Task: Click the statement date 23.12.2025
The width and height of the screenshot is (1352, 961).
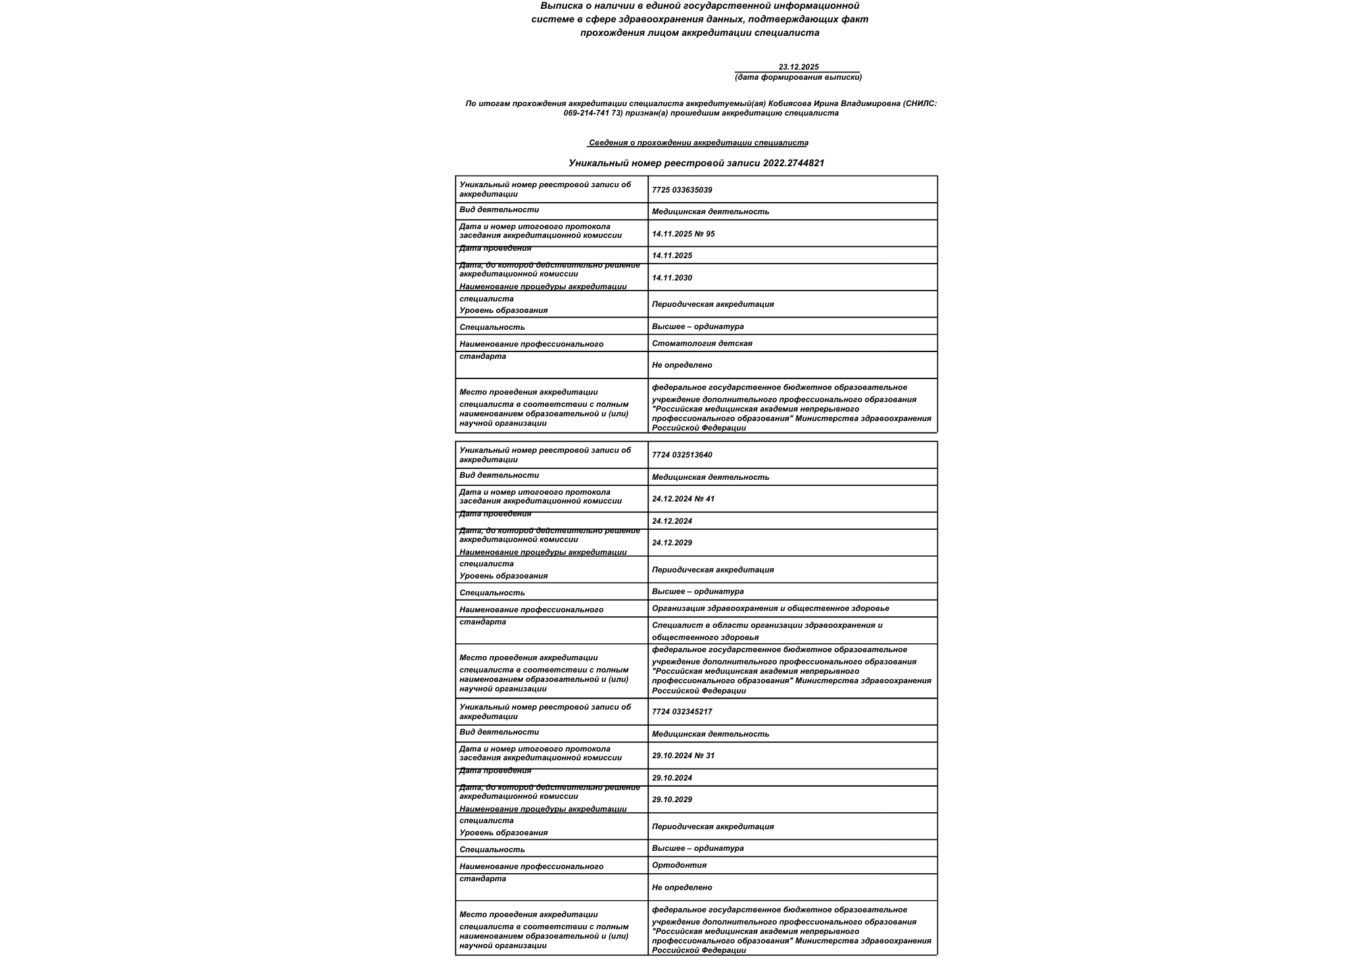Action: (798, 67)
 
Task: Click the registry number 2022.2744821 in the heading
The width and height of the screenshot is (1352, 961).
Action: (794, 163)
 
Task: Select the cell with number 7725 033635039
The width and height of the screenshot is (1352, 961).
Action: (681, 190)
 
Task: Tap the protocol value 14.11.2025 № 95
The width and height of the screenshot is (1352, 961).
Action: (683, 234)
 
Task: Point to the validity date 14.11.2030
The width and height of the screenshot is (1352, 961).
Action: (672, 278)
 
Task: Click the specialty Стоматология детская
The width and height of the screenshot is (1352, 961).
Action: (702, 343)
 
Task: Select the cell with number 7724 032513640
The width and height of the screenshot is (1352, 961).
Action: (681, 455)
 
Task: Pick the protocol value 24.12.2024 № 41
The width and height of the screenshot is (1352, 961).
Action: (683, 499)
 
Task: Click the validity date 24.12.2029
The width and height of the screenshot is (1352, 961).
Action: (672, 543)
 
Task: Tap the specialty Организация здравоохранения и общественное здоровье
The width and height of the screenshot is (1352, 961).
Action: (770, 608)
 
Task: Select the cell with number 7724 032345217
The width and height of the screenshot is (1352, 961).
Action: (681, 712)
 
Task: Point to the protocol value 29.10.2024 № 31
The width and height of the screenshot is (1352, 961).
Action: (683, 756)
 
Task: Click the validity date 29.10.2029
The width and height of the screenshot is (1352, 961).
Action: (672, 799)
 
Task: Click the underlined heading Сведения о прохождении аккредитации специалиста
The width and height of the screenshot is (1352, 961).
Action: (698, 143)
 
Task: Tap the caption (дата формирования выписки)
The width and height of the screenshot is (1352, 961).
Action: (798, 77)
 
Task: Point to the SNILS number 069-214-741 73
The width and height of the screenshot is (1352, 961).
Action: (592, 113)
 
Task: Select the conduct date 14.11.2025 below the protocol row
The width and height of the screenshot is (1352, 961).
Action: (672, 255)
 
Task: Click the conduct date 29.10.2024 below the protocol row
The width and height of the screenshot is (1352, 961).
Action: (672, 778)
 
